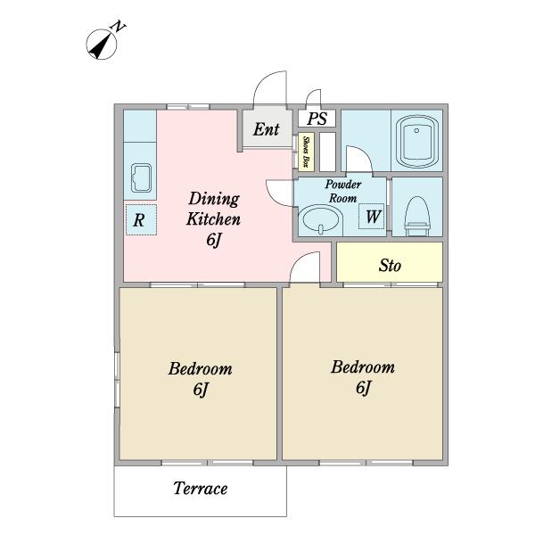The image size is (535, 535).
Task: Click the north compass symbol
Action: click(x=102, y=44)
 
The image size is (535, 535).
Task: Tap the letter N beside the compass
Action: click(x=119, y=26)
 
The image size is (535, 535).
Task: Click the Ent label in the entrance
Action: click(x=266, y=129)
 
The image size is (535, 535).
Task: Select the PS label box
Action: click(x=317, y=119)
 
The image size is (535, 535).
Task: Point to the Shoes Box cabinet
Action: click(x=306, y=152)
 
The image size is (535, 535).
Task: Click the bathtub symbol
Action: click(x=416, y=142)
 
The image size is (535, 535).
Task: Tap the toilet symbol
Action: click(x=416, y=216)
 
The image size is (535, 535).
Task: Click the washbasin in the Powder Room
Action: click(x=320, y=219)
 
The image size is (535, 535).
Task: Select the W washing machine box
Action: click(x=371, y=217)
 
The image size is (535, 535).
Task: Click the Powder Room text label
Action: click(x=342, y=191)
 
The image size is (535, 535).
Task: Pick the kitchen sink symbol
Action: click(x=141, y=178)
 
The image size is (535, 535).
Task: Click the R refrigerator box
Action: click(x=141, y=219)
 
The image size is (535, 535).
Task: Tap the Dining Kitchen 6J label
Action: click(x=214, y=218)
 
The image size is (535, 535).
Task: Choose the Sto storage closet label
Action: click(x=390, y=265)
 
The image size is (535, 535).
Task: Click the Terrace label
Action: click(x=201, y=489)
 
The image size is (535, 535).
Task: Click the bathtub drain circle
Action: click(x=416, y=131)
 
